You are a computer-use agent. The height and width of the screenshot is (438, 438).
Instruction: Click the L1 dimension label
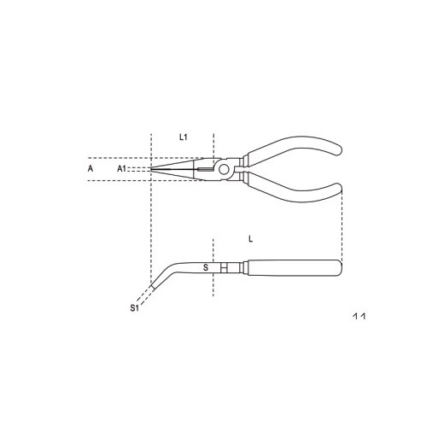[184, 137]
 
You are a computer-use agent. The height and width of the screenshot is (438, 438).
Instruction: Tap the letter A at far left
[91, 168]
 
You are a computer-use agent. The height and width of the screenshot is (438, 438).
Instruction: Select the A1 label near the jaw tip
[121, 169]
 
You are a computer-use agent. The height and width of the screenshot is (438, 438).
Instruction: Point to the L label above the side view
[250, 239]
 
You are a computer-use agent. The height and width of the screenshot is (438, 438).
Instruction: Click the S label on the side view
[206, 267]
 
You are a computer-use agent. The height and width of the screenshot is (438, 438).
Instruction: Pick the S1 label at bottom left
[134, 307]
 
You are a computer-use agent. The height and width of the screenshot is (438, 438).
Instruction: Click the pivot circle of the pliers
[224, 170]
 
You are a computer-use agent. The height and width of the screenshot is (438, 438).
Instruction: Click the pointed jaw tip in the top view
[151, 169]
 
